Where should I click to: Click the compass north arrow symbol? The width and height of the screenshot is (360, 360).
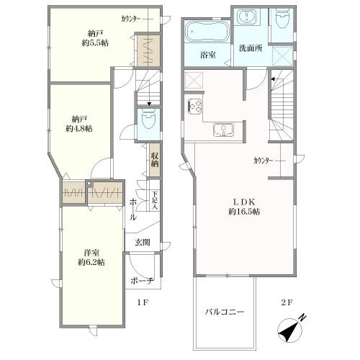coord(291,329)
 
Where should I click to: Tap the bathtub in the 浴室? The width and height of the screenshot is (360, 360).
coord(207,32)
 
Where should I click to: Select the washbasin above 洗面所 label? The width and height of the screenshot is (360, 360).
coord(247,17)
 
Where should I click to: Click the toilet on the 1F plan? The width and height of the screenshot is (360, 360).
coord(148,119)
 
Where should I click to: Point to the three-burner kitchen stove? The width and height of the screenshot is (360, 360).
coord(195,107)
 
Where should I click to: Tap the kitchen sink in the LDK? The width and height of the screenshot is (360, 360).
coord(223,130)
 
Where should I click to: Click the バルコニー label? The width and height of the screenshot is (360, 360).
coord(225,312)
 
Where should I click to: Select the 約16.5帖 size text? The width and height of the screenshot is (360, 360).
coord(244,212)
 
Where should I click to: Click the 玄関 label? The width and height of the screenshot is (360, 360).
coord(143,243)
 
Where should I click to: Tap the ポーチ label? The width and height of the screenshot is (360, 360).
coord(143,281)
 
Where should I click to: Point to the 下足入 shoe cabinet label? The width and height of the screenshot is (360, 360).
coord(155,200)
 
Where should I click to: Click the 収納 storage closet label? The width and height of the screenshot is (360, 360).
coord(155,160)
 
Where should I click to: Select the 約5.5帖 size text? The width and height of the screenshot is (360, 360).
coord(95,43)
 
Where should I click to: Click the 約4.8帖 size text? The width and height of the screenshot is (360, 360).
coord(79,129)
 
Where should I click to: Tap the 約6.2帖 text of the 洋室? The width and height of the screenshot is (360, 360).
coord(91,262)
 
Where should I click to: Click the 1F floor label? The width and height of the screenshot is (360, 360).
coord(143,302)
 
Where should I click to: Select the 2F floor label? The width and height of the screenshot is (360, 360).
coord(287,302)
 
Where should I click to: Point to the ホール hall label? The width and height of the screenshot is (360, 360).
coord(133,210)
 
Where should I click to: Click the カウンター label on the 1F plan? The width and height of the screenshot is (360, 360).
coord(131,19)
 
